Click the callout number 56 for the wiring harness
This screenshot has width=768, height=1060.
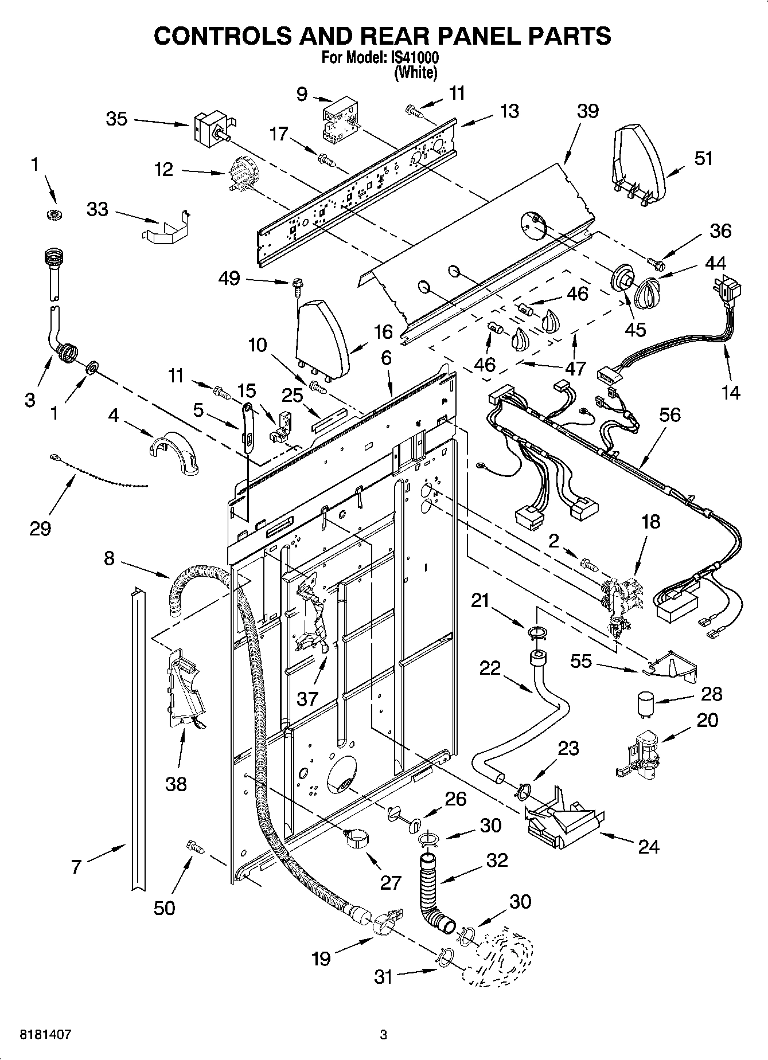(x=669, y=414)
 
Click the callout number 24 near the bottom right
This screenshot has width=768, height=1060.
(x=648, y=846)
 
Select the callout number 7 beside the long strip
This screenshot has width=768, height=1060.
(x=77, y=866)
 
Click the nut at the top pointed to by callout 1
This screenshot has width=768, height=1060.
(x=54, y=215)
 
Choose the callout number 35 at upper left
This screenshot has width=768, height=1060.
(x=116, y=119)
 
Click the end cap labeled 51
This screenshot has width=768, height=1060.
(x=639, y=163)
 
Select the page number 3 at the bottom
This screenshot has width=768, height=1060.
(x=383, y=1035)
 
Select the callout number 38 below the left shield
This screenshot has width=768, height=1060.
(x=176, y=784)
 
